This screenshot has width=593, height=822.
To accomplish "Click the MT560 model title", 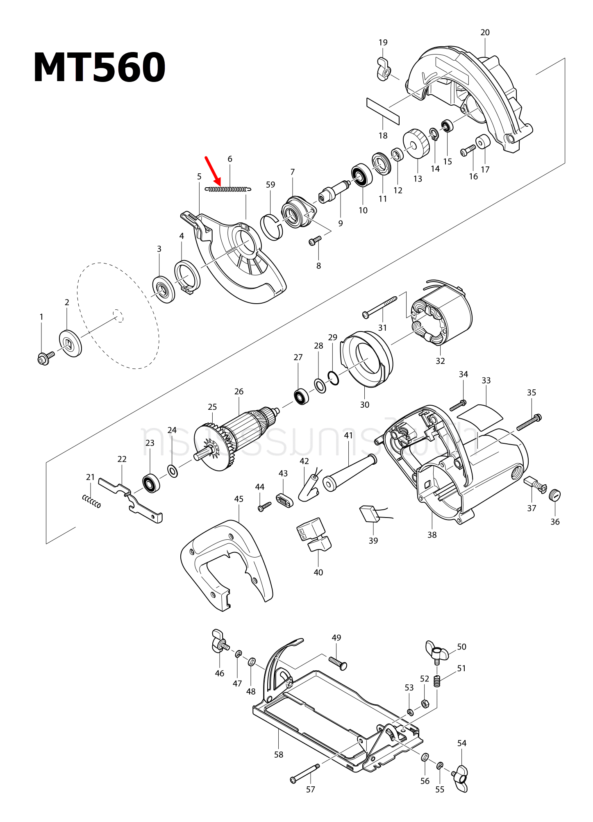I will [100, 68].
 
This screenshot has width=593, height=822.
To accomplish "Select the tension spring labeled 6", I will [228, 189].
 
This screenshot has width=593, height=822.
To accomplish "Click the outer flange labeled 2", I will [70, 343].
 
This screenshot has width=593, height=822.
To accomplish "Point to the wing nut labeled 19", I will [383, 70].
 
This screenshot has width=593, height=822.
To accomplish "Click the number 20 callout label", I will [485, 32].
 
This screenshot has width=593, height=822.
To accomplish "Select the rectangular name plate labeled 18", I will [383, 111].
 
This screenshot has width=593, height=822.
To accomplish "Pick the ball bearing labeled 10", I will [362, 175].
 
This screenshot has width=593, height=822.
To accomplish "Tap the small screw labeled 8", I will [315, 241].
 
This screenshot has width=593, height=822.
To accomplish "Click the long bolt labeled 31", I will [380, 307].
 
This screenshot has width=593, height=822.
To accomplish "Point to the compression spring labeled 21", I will [91, 501].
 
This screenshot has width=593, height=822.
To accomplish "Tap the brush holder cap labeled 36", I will [554, 495].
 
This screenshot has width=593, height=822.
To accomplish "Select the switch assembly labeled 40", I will [314, 534].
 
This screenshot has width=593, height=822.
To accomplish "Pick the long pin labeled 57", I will [306, 772].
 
